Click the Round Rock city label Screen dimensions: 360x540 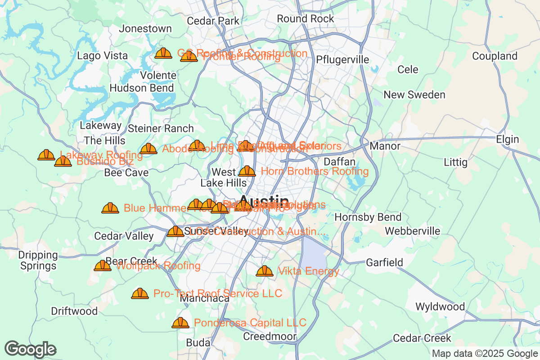click(x=306, y=19)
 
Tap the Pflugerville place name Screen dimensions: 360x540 click(x=342, y=60)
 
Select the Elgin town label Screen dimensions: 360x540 click(x=508, y=139)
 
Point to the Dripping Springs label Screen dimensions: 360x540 click(x=38, y=261)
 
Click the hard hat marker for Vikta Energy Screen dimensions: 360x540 click(x=264, y=271)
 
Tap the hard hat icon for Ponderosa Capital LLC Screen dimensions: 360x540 click(x=180, y=323)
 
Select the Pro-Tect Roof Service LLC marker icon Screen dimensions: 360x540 click(x=140, y=293)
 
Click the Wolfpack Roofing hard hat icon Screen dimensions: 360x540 click(x=103, y=265)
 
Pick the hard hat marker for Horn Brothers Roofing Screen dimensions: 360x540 click(x=247, y=171)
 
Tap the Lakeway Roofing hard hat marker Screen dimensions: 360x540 click(x=46, y=155)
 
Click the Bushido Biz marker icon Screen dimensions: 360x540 click(x=63, y=161)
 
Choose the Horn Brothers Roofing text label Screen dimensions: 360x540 click(x=315, y=171)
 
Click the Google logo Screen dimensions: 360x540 click(x=31, y=349)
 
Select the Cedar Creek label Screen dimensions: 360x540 click(x=422, y=338)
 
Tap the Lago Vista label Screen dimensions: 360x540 click(x=102, y=56)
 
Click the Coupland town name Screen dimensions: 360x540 click(x=495, y=56)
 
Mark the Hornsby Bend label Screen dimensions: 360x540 click(x=368, y=217)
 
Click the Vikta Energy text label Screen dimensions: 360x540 click(x=309, y=271)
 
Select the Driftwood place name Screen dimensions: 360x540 click(x=74, y=311)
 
